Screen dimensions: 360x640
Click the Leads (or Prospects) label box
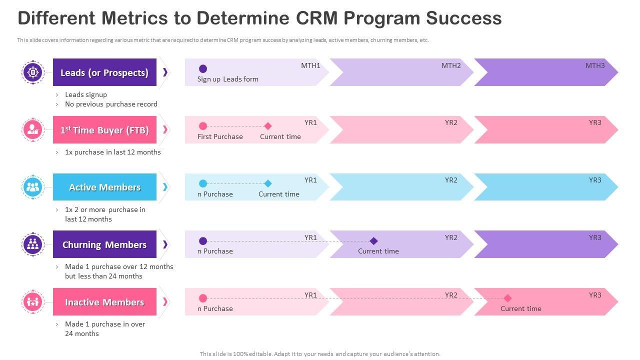(x=104, y=72)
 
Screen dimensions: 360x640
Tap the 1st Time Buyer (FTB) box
(x=104, y=130)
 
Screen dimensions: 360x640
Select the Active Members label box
(x=104, y=187)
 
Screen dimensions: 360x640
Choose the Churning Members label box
(x=104, y=244)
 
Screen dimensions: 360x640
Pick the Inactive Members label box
(x=104, y=302)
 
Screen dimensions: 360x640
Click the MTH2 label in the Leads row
(x=451, y=65)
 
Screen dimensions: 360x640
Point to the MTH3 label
(x=595, y=65)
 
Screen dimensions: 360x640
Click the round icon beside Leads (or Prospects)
(x=33, y=72)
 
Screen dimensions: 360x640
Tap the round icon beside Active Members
(x=33, y=187)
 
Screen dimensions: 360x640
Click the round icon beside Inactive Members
(x=33, y=302)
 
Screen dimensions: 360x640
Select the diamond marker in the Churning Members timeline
(x=373, y=241)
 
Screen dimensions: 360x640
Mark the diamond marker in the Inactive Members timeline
(x=507, y=298)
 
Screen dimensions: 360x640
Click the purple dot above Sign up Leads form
(x=203, y=68)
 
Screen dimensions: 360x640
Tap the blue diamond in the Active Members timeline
(x=268, y=183)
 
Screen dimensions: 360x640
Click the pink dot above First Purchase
(x=203, y=126)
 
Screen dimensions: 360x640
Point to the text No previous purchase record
(x=111, y=104)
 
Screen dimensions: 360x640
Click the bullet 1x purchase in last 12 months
(x=112, y=152)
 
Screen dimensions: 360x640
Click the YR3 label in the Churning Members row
(x=595, y=237)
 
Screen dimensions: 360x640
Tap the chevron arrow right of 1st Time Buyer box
(x=165, y=130)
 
